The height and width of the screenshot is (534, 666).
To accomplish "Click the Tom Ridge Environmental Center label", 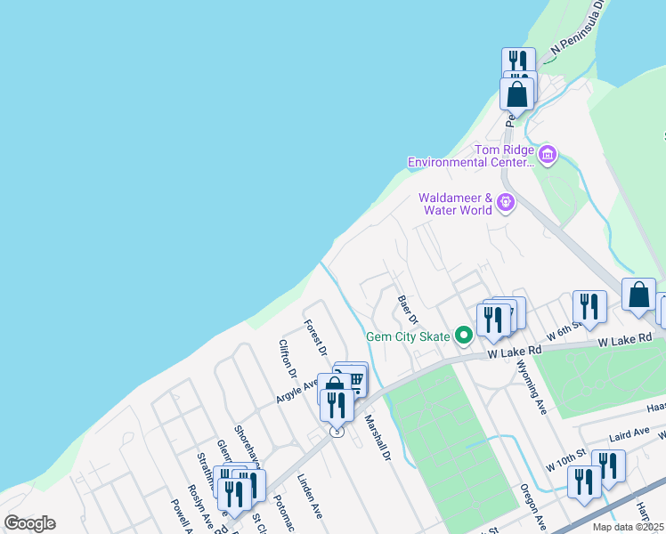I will (x=470, y=156).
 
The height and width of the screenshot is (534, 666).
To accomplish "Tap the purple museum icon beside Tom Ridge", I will (x=547, y=156).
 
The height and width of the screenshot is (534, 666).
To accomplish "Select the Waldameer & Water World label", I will (x=456, y=204).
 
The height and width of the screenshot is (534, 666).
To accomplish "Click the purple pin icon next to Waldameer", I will (x=506, y=203).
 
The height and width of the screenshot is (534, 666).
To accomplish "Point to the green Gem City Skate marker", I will (x=463, y=336).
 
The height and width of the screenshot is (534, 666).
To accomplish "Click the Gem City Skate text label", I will (x=410, y=336).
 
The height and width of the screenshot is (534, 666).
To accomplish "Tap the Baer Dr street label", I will (x=408, y=309).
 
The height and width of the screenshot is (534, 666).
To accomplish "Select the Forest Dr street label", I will (x=316, y=338).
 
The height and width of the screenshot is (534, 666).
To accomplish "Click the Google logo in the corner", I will (x=29, y=523).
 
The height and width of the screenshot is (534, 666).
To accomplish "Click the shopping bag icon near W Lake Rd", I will (x=638, y=295).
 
